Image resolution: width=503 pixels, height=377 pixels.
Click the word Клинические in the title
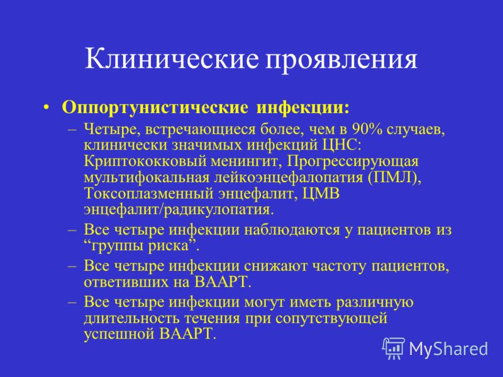[172, 58]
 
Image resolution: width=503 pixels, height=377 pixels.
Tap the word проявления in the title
[341, 60]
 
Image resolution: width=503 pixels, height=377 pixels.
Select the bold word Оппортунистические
[155, 107]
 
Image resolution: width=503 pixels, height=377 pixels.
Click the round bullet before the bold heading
[47, 107]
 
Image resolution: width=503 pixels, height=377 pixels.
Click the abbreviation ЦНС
[341, 145]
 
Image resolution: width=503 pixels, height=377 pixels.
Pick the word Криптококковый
[145, 161]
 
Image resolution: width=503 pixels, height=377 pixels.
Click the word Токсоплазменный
[149, 194]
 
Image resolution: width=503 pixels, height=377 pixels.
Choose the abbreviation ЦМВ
[321, 194]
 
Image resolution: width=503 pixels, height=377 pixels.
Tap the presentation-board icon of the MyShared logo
[394, 348]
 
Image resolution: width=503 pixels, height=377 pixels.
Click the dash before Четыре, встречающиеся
[72, 129]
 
